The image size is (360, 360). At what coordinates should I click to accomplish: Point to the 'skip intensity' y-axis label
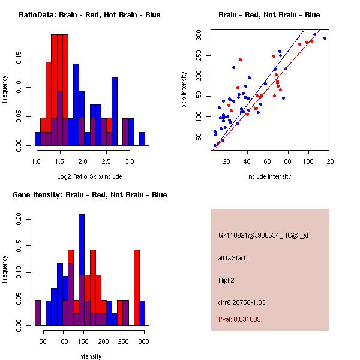coord(184,89)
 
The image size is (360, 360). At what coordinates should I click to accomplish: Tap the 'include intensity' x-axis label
coord(269,176)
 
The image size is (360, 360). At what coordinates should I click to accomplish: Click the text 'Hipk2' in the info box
coord(227,280)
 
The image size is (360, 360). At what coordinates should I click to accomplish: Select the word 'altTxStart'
coord(232,258)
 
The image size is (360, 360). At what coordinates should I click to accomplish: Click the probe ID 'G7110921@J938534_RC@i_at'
coord(263,236)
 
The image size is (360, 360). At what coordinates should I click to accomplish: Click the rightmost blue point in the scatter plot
coord(325,38)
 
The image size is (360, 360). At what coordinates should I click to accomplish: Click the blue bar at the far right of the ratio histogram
coord(142,139)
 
